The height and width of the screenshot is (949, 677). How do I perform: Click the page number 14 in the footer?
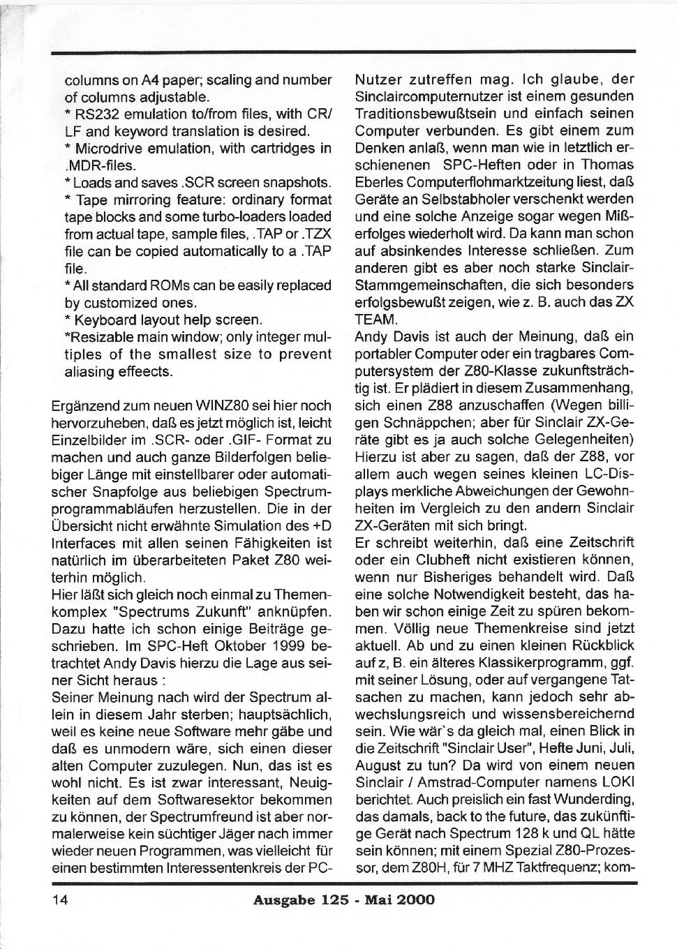pyautogui.click(x=59, y=899)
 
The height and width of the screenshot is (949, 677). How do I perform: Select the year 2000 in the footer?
pyautogui.click(x=415, y=899)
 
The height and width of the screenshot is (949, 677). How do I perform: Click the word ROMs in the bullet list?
pyautogui.click(x=168, y=285)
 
